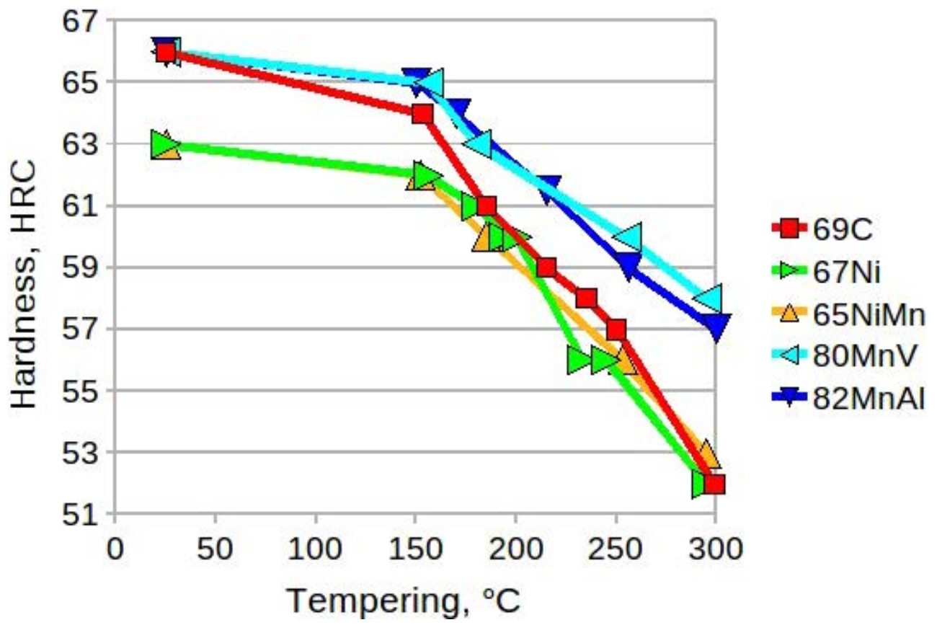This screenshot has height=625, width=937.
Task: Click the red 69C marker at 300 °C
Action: (714, 484)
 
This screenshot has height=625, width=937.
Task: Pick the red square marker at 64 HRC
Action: (422, 114)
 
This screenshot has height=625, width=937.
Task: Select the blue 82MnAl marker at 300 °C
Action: (716, 327)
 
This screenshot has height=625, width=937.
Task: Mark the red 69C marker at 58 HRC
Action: (586, 298)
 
